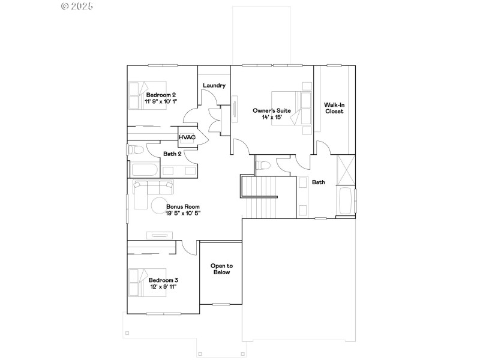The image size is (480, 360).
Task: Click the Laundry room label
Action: click(x=214, y=85)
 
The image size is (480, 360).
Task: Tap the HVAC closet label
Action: click(x=187, y=137)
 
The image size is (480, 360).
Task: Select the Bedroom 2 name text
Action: click(x=161, y=95)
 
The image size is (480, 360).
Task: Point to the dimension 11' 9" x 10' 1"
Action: click(x=161, y=102)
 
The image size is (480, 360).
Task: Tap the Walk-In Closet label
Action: click(x=334, y=107)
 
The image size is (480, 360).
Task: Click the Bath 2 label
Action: click(x=173, y=154)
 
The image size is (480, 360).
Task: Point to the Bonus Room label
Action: click(x=183, y=206)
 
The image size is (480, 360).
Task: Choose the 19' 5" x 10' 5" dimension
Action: click(x=183, y=213)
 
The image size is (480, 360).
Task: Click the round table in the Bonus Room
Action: click(x=161, y=203)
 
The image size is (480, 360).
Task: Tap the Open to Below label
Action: click(x=221, y=269)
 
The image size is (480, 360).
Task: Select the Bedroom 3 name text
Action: click(x=163, y=280)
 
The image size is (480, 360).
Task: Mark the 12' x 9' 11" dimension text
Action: click(x=163, y=287)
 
